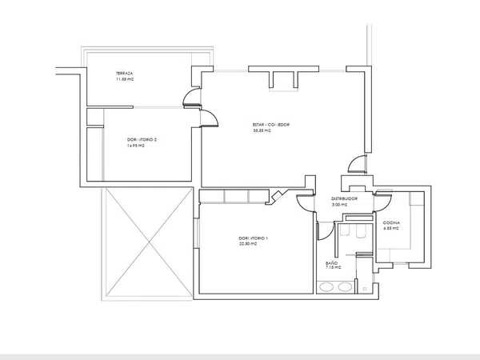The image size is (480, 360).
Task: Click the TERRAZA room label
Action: (124, 72)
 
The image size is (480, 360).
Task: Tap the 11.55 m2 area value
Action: (124, 79)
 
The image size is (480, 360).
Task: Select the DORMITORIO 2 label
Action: (142, 140)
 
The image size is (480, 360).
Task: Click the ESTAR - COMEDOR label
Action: (270, 125)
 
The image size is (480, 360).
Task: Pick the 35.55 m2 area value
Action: (262, 131)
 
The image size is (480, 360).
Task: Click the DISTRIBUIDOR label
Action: (349, 198)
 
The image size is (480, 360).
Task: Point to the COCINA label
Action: (391, 222)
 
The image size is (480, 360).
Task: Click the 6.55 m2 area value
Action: (390, 229)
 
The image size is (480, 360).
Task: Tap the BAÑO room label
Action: (332, 262)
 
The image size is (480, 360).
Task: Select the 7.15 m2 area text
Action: (333, 270)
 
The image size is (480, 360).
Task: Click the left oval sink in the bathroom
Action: (326, 286)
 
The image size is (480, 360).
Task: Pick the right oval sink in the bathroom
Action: (344, 286)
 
